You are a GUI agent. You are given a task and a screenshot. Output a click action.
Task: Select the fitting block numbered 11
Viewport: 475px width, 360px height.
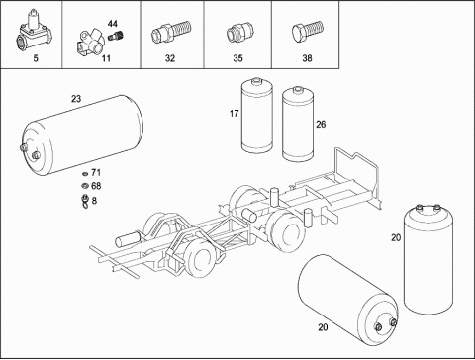(91, 43)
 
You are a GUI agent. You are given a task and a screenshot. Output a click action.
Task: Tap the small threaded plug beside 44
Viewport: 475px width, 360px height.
(116, 36)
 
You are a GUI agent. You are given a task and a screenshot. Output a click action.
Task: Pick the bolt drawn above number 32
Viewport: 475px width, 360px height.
(171, 32)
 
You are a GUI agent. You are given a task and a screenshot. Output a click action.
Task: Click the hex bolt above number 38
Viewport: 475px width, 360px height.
(308, 32)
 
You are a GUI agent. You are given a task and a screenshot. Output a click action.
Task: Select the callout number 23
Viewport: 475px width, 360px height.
(76, 99)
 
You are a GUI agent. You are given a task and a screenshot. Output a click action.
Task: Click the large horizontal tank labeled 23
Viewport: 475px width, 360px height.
(82, 135)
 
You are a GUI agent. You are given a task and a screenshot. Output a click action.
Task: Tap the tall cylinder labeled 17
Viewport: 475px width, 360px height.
(257, 116)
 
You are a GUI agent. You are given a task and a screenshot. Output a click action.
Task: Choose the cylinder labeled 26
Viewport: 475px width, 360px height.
(298, 125)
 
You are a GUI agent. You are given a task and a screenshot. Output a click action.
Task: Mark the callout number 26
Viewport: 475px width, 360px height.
(321, 125)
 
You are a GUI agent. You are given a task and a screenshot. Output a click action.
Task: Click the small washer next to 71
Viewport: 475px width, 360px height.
(85, 173)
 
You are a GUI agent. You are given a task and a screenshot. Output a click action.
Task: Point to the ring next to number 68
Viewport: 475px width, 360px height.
(85, 186)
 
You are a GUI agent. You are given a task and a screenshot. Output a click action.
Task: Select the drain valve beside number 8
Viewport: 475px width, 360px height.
(85, 201)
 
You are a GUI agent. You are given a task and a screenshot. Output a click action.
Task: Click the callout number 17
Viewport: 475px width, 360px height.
(234, 114)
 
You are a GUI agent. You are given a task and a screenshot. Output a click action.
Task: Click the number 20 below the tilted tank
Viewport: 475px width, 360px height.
(323, 327)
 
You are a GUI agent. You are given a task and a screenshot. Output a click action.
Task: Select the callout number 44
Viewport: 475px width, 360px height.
(112, 24)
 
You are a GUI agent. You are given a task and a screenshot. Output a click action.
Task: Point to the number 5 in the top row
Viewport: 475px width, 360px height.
(36, 58)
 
